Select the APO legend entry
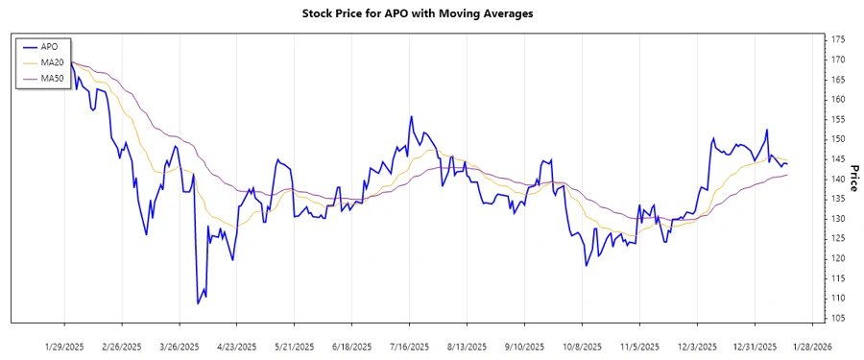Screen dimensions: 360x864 (49, 46)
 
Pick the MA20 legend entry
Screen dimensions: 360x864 (52, 62)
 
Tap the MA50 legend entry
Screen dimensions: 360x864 (52, 78)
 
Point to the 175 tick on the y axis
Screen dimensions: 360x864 (838, 39)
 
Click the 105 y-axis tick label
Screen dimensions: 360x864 (838, 318)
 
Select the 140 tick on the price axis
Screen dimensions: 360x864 (838, 179)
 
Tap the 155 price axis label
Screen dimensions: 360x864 (838, 119)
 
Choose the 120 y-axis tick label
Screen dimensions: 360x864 (838, 258)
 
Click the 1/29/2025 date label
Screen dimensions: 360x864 (65, 346)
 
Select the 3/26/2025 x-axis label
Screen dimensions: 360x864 (180, 346)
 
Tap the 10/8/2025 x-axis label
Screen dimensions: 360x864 (583, 346)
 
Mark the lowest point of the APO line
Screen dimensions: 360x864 (198, 304)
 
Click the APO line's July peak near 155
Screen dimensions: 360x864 (412, 117)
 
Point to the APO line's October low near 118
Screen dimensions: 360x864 (586, 266)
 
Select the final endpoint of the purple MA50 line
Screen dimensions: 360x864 (788, 175)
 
